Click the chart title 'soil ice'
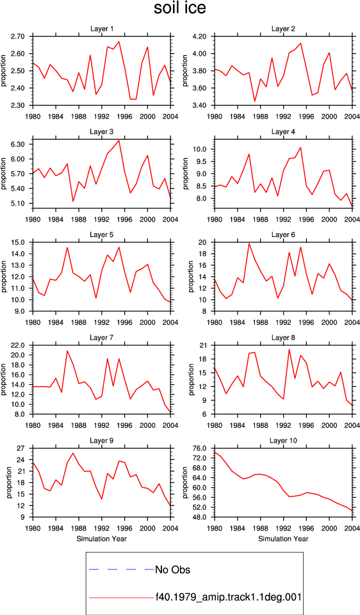179,8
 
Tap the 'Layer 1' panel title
102,29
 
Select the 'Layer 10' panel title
283,441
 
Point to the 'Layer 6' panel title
283,234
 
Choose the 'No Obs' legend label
172,570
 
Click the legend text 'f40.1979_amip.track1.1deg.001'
228,597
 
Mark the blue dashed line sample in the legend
122,569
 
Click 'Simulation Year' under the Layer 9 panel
101,539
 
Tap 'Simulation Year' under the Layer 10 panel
283,539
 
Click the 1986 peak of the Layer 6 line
249,243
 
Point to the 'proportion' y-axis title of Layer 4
186,173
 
